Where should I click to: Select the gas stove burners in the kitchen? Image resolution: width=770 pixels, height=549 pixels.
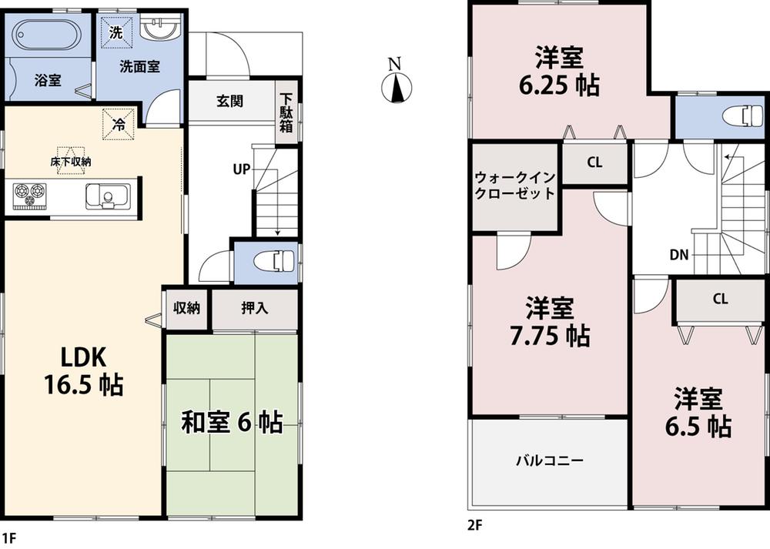(x=30, y=196)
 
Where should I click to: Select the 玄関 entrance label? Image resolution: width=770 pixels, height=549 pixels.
(x=229, y=101)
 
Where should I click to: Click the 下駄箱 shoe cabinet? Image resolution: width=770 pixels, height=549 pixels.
(x=286, y=112)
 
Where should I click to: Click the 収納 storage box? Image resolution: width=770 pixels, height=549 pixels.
(x=186, y=309)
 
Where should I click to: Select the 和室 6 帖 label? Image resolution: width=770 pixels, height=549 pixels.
(x=231, y=422)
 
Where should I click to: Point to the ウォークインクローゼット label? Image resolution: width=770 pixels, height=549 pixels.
(x=514, y=186)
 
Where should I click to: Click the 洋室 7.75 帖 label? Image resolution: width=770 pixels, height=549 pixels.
(x=549, y=322)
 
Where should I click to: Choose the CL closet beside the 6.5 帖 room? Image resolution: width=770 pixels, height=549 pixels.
(x=720, y=300)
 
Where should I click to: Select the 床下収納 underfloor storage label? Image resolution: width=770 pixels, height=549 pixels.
(x=71, y=162)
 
